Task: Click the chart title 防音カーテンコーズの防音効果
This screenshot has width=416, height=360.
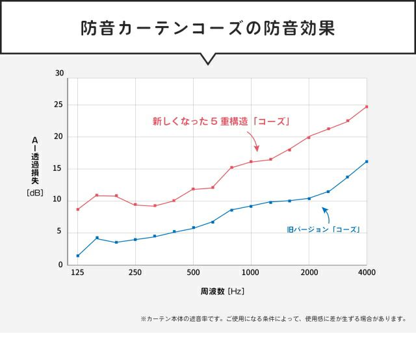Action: [208, 29]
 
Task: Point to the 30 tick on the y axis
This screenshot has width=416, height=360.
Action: [60, 73]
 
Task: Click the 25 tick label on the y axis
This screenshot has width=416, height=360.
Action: [60, 105]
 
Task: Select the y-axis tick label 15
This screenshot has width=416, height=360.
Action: [60, 168]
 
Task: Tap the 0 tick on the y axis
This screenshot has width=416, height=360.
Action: [61, 264]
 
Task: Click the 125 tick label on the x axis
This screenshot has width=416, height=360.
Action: [77, 272]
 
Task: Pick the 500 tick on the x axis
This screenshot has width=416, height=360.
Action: [193, 272]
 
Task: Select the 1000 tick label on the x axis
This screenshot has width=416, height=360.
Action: [251, 272]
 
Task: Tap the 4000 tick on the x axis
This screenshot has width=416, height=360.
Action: [367, 272]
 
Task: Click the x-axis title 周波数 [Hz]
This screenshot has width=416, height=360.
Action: [222, 291]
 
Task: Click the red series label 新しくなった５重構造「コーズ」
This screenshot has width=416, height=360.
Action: [220, 121]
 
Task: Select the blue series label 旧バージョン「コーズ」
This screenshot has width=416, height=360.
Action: [323, 229]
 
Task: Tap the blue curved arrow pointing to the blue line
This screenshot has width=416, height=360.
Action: [326, 214]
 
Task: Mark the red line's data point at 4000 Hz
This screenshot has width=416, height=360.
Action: [367, 107]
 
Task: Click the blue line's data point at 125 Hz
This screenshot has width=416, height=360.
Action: [77, 255]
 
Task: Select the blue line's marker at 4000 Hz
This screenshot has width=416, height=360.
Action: [367, 162]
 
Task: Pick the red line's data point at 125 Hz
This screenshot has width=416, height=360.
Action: [77, 209]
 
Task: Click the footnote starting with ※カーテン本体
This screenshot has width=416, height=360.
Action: [273, 319]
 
